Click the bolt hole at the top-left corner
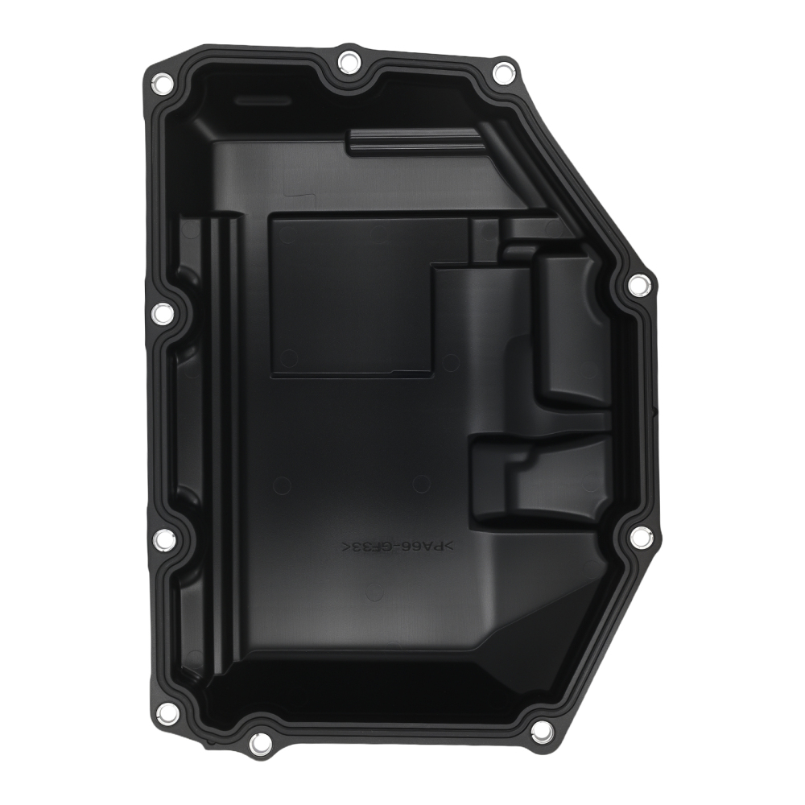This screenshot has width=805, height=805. click(x=159, y=81)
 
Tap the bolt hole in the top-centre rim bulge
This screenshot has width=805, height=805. click(x=348, y=61)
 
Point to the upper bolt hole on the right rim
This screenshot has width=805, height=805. click(x=638, y=283)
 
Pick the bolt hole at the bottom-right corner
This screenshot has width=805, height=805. click(x=542, y=730)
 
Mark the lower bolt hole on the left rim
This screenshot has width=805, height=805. click(x=163, y=538)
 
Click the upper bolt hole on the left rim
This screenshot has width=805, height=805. click(x=161, y=313)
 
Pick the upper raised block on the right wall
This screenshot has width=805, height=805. click(x=572, y=330)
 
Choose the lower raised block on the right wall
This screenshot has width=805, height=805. click(x=547, y=483)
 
